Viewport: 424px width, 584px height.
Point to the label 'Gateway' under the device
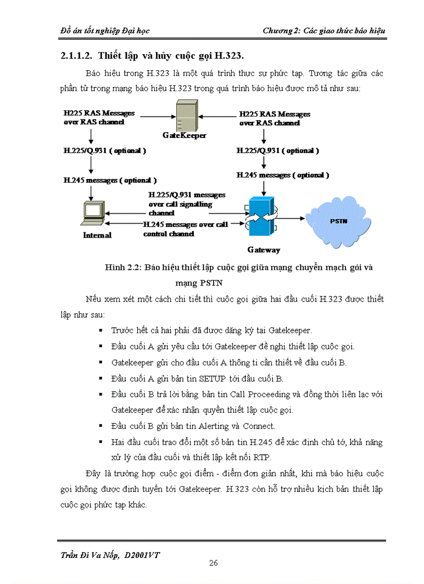click(x=263, y=250)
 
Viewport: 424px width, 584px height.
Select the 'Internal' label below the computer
click(x=97, y=235)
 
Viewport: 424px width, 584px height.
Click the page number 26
click(x=213, y=563)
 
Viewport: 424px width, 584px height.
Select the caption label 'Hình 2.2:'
click(x=123, y=268)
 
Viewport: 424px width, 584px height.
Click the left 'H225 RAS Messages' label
click(x=99, y=113)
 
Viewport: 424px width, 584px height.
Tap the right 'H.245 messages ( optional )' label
click(x=282, y=175)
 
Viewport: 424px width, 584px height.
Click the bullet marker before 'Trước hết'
click(x=100, y=331)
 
